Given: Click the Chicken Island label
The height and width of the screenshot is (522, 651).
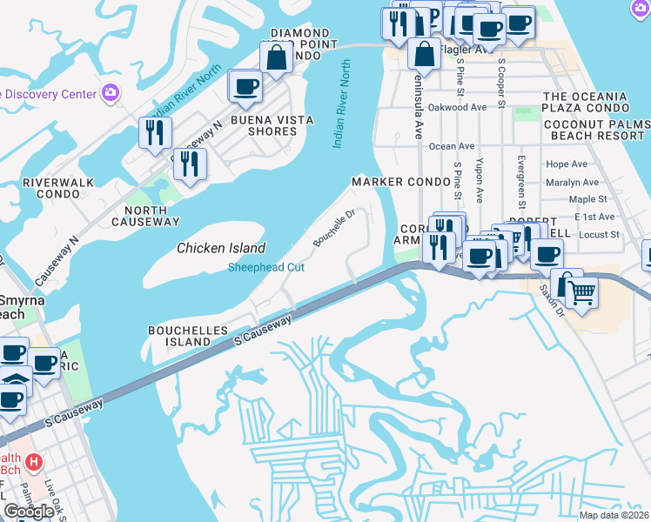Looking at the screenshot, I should coord(221,248).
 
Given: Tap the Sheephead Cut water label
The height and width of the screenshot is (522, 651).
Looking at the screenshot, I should coord(266,267).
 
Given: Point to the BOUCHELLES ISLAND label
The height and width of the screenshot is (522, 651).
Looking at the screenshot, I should coord(188,337).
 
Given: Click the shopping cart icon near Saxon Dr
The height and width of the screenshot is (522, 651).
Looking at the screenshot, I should coord(582,294).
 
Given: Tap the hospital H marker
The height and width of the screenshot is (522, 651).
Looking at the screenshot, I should coord(34,461).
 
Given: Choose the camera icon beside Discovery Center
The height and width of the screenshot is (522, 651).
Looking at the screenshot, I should coord(111,92).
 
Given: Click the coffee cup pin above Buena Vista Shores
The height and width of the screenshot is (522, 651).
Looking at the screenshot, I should coord(245,86).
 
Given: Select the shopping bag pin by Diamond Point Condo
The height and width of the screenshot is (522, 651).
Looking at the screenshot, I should coord(276,59).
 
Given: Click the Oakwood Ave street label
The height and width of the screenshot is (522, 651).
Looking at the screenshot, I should coord(458,108).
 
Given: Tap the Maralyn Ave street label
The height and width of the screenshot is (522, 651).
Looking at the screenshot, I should coord(572,183).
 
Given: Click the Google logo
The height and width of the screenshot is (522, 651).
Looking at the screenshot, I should coord(29,512).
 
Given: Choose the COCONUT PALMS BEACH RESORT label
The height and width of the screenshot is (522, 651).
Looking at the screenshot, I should coord(596,130).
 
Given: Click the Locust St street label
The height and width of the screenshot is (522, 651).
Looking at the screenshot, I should coord(598,235).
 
